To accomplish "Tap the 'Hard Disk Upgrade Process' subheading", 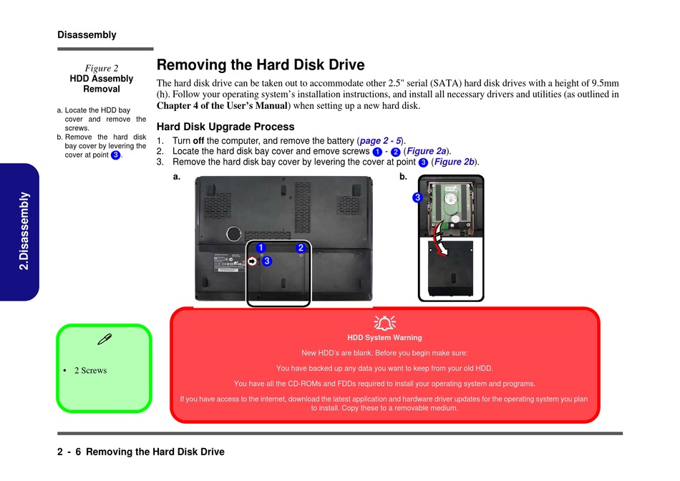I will tap(225, 127).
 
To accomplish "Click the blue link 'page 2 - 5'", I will tap(380, 141).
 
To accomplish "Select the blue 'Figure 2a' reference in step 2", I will tap(427, 152).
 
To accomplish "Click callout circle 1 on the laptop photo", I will tap(261, 248).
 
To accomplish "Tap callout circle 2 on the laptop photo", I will tap(301, 248).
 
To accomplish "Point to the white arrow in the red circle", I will tap(253, 261).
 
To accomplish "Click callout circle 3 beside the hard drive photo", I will tap(417, 198).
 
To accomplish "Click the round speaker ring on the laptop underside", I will tap(233, 233).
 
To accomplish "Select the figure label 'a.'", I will tap(177, 175).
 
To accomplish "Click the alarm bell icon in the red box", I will tap(385, 323).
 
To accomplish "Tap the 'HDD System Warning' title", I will tap(385, 338).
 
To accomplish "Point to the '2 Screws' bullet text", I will tap(90, 371).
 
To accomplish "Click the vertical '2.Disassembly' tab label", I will tap(24, 230).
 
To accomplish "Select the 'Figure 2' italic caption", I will tap(102, 69).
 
